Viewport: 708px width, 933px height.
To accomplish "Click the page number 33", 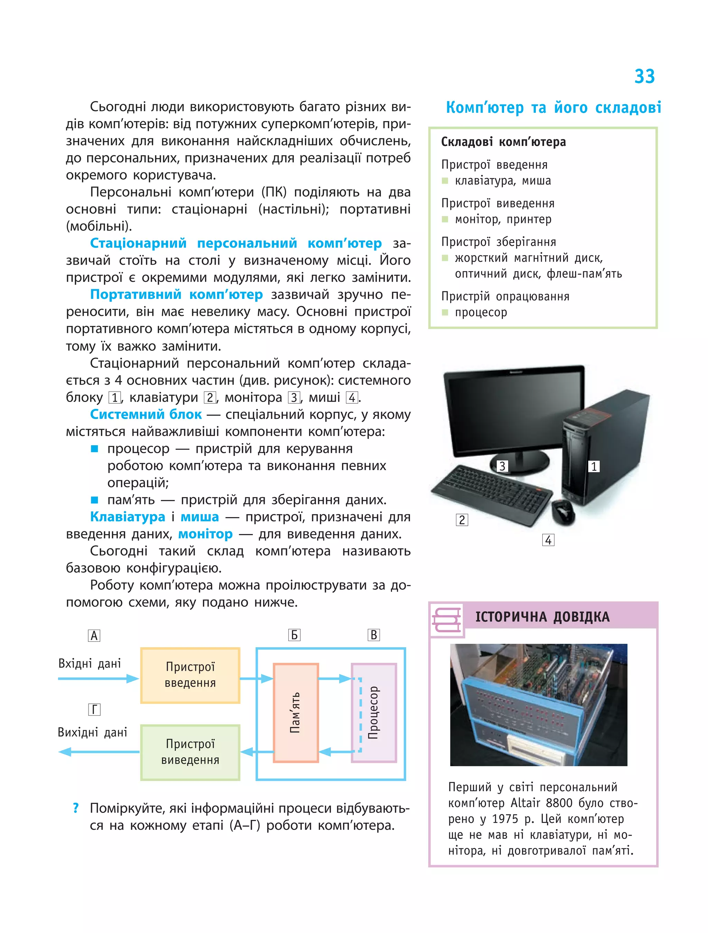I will pyautogui.click(x=644, y=76).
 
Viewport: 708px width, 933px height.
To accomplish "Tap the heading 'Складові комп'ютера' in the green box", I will pyautogui.click(x=503, y=142).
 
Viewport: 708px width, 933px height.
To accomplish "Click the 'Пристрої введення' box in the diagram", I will pyautogui.click(x=190, y=675).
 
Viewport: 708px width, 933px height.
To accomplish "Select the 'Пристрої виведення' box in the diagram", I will pyautogui.click(x=190, y=752).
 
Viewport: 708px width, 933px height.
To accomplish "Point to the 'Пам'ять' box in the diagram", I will pyautogui.click(x=296, y=713).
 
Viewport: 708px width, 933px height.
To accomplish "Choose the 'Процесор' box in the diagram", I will pyautogui.click(x=374, y=713).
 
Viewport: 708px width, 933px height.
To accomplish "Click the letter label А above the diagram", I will pyautogui.click(x=94, y=635).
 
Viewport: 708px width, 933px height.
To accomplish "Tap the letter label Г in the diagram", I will pyautogui.click(x=94, y=710).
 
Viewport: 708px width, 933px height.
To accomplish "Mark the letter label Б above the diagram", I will pyautogui.click(x=294, y=635).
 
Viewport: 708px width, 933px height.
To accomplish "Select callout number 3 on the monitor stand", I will pyautogui.click(x=502, y=466).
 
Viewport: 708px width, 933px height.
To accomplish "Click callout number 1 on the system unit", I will pyautogui.click(x=594, y=466).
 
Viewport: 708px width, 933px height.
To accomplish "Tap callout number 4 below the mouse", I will pyautogui.click(x=548, y=540).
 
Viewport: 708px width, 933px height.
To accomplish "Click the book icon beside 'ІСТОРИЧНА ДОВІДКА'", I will pyautogui.click(x=446, y=619).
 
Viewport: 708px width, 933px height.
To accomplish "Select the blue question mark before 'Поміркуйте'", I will pyautogui.click(x=76, y=808).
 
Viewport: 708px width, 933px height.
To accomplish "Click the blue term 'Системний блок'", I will pyautogui.click(x=146, y=414).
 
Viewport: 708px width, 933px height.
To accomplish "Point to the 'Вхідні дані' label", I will pyautogui.click(x=89, y=664).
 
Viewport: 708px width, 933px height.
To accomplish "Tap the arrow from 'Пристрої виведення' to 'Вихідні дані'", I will pyautogui.click(x=99, y=752).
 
